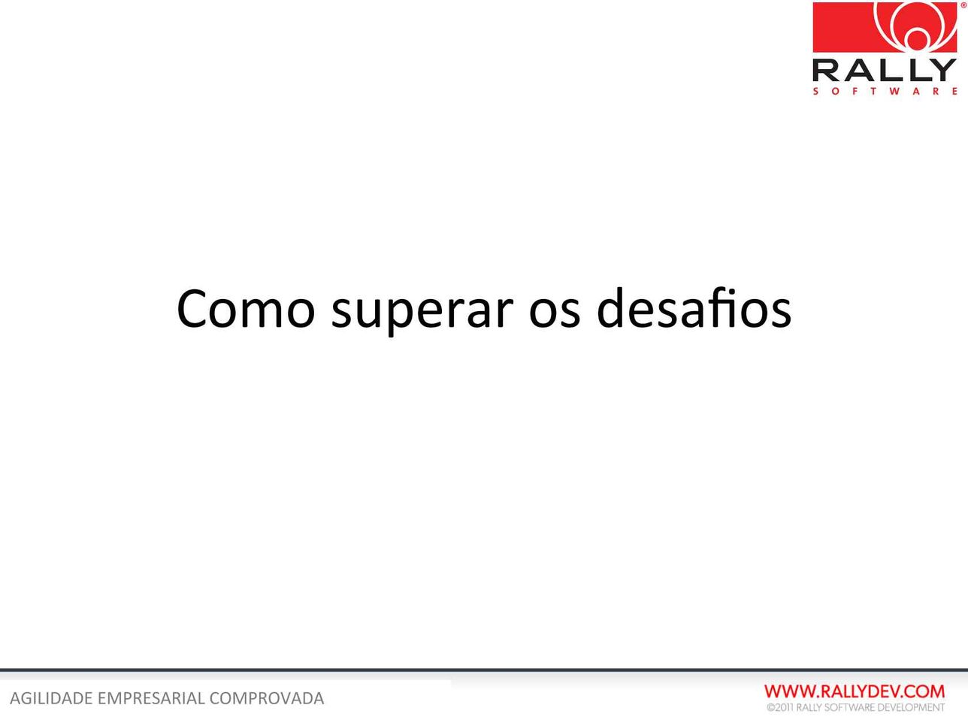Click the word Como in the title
click(x=246, y=309)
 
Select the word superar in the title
click(x=422, y=312)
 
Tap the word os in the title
click(x=555, y=313)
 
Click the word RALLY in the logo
click(x=885, y=70)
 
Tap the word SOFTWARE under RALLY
click(x=885, y=91)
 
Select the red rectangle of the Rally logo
click(x=885, y=27)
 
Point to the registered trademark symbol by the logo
click(x=963, y=5)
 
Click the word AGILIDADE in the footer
click(x=52, y=698)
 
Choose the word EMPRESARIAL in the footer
click(x=151, y=698)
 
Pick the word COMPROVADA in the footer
click(x=267, y=698)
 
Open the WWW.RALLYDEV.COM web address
click(x=855, y=691)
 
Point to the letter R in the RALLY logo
click(x=826, y=70)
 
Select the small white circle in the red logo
click(x=918, y=39)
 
